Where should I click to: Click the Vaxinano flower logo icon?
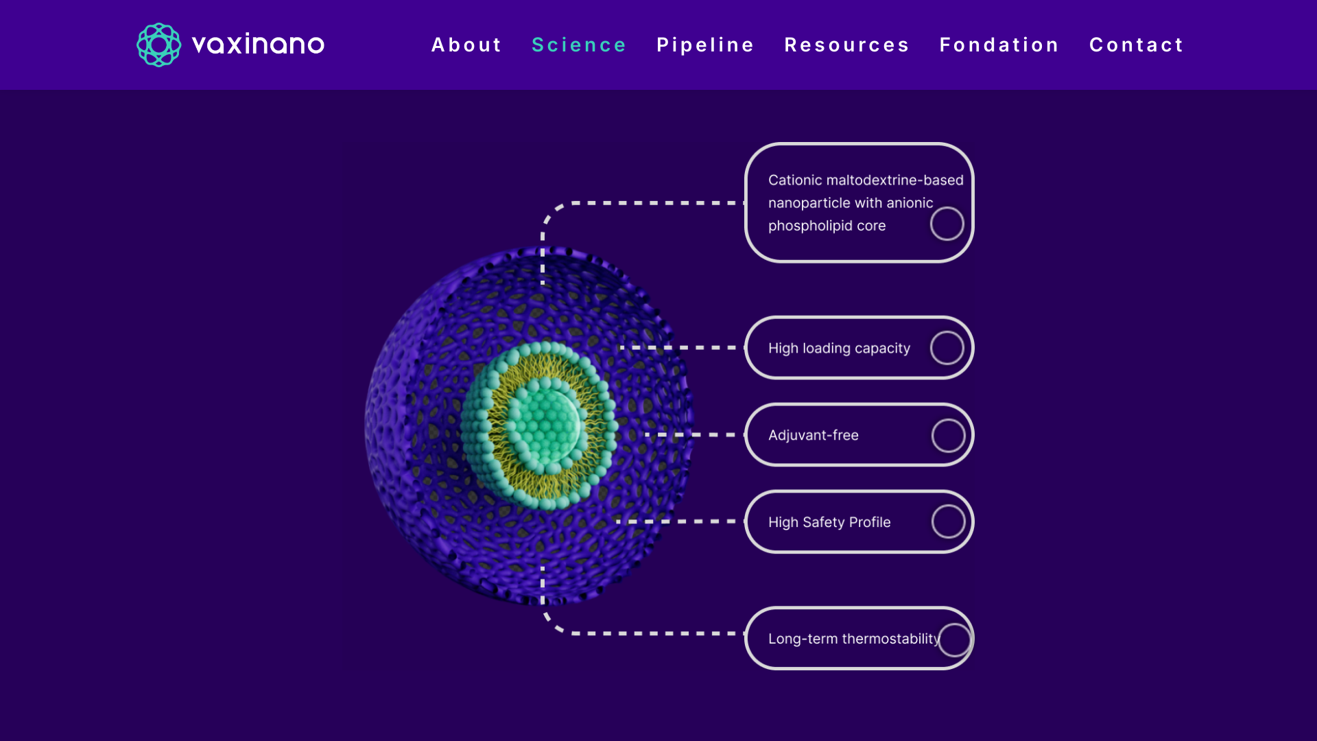[158, 45]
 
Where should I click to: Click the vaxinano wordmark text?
[258, 45]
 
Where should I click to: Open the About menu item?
[466, 45]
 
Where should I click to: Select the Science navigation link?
[579, 45]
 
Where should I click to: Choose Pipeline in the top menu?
[705, 45]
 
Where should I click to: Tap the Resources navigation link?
[847, 45]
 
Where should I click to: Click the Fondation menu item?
[999, 45]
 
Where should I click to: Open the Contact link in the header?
[1137, 45]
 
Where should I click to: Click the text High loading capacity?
[839, 349]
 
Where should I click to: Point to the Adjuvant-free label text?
[814, 435]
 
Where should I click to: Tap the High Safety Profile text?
[829, 522]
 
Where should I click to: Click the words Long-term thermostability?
[854, 639]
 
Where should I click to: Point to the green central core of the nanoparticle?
[545, 425]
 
